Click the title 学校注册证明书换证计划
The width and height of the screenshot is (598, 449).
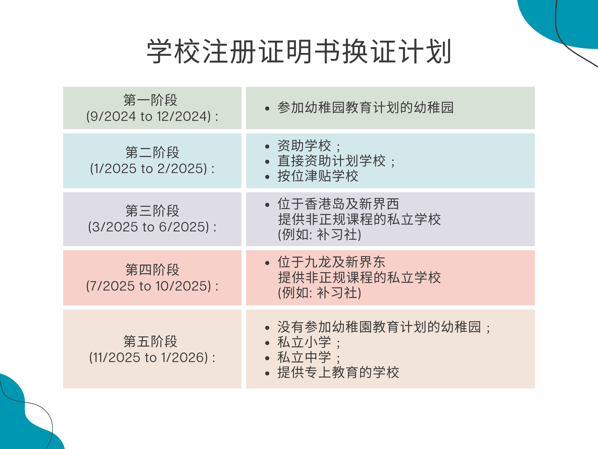[x=299, y=51]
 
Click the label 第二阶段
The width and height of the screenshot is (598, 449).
[x=152, y=152]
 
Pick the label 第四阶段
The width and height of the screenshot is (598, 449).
[x=152, y=270]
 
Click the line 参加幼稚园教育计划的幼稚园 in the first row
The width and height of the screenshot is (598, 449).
[x=365, y=107]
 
